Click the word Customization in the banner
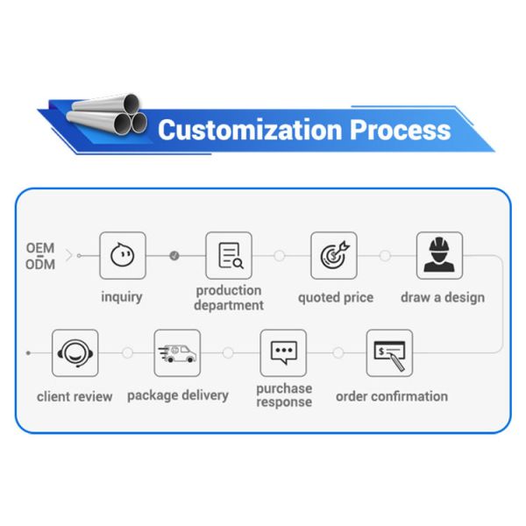pos(250,130)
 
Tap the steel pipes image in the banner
pos(110,115)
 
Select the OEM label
pos(40,248)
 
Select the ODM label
pos(40,264)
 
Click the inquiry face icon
pos(122,255)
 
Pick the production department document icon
pos(229,255)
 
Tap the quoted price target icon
pos(334,255)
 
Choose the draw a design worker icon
pos(439,255)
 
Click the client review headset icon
pos(75,352)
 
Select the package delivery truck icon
pos(177,352)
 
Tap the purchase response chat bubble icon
pos(283,352)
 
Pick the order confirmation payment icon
pos(389,352)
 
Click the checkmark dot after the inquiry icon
pos(174,255)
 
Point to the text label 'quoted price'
pos(335,297)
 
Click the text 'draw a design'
pos(442,297)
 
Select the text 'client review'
pos(75,396)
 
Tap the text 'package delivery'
pos(177,395)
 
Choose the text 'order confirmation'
pos(391,396)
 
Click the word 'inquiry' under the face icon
pos(121,297)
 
